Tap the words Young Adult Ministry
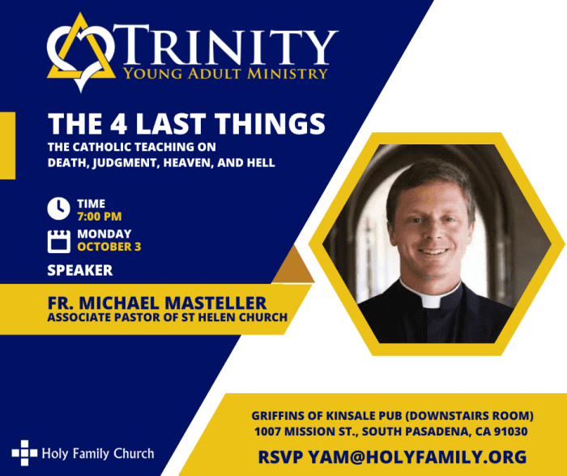pyautogui.click(x=225, y=74)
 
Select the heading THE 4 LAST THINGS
pyautogui.click(x=186, y=124)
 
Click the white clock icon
pyautogui.click(x=58, y=209)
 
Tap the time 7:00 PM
pyautogui.click(x=100, y=217)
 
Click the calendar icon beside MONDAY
pyautogui.click(x=59, y=241)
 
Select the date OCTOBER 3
pyautogui.click(x=109, y=247)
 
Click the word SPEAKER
pyautogui.click(x=80, y=270)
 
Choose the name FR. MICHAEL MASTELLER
pyautogui.click(x=157, y=303)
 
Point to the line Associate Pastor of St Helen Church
pyautogui.click(x=168, y=317)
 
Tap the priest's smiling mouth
pyautogui.click(x=433, y=251)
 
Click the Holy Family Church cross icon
pyautogui.click(x=24, y=452)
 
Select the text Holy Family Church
pyautogui.click(x=98, y=453)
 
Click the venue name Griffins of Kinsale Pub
pyautogui.click(x=326, y=416)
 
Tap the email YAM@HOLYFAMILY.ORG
pyautogui.click(x=417, y=457)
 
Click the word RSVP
pyautogui.click(x=280, y=457)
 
